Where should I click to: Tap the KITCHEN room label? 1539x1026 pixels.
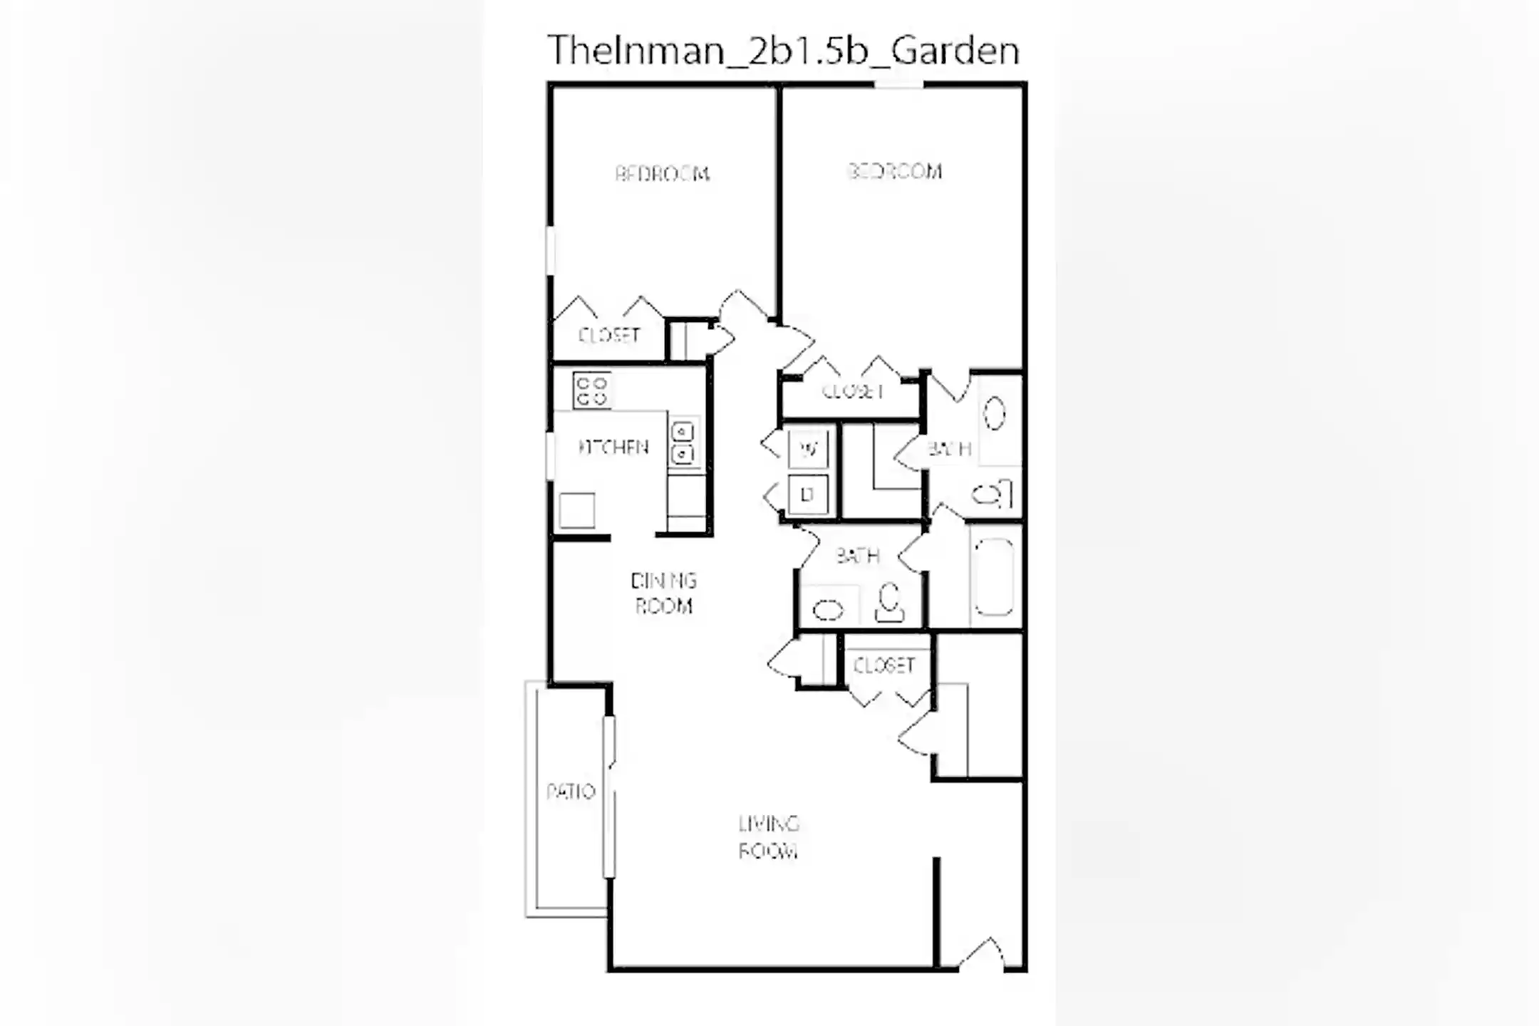(613, 447)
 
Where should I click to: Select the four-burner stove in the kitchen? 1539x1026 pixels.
(591, 391)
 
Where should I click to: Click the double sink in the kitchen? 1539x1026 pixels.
(683, 442)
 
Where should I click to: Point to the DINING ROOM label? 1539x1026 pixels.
(663, 593)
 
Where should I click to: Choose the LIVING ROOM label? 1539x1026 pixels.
(768, 838)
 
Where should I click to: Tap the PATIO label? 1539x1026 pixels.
(570, 792)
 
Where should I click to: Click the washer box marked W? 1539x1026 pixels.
(809, 449)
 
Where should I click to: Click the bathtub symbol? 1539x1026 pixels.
(994, 576)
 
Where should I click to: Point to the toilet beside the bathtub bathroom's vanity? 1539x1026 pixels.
(992, 494)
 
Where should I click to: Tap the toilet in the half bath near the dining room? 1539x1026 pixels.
(889, 603)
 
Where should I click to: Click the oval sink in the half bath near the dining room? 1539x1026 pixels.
(828, 610)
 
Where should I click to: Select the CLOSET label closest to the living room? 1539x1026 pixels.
(883, 665)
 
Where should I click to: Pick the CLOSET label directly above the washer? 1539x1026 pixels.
(852, 391)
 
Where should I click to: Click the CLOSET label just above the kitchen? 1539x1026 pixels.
(608, 335)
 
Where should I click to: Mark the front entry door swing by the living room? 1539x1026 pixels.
(982, 955)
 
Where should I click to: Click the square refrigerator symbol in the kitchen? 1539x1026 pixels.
(576, 510)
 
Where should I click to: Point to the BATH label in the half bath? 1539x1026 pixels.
(857, 556)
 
